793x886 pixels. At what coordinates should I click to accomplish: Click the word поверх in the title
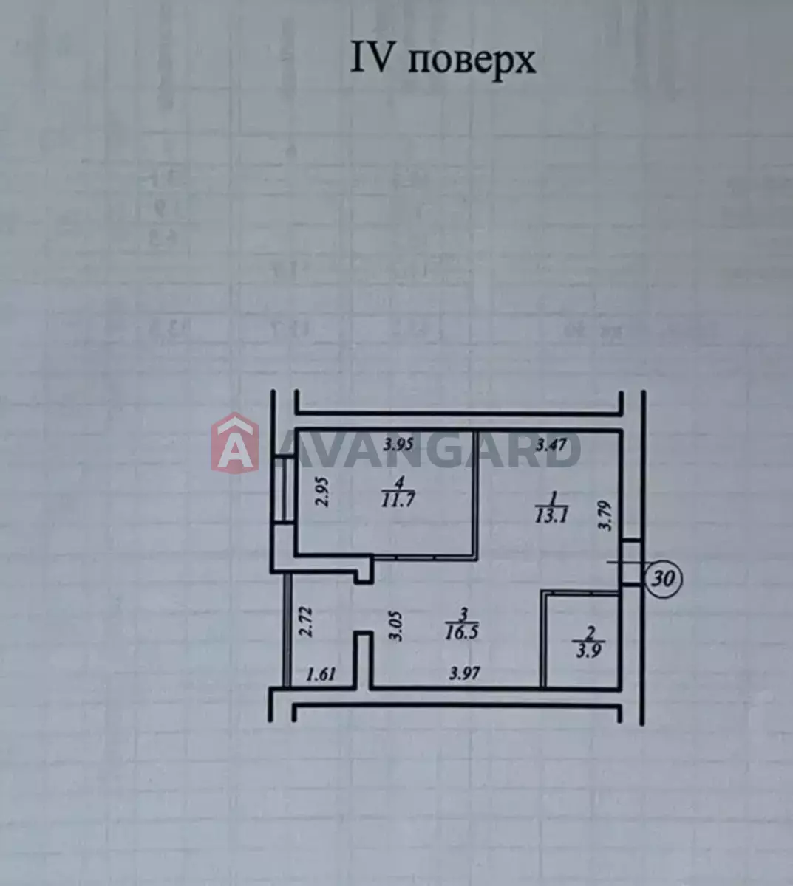tap(472, 62)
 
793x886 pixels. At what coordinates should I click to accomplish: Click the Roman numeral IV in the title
tap(370, 58)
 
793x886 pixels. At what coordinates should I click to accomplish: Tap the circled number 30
tap(664, 579)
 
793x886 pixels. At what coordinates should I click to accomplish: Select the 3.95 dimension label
tap(398, 444)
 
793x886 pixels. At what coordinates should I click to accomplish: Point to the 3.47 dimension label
tap(551, 446)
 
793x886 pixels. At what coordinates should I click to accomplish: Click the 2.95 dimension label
tap(322, 492)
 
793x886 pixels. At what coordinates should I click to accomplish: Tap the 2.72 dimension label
tap(308, 622)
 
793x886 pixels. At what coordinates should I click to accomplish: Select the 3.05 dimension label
tap(396, 626)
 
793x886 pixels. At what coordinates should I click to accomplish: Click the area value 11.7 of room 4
tap(398, 500)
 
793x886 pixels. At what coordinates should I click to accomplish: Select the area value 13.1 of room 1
tap(551, 517)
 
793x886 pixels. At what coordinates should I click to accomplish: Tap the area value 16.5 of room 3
tap(461, 633)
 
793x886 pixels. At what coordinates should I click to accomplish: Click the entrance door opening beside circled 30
tap(631, 563)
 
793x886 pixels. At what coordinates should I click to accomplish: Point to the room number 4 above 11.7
tap(398, 483)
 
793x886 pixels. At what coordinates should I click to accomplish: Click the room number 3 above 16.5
tap(463, 615)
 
